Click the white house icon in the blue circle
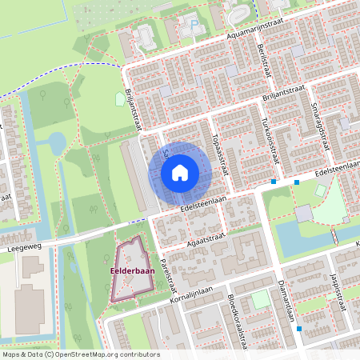click(180, 172)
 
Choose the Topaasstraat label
click(221, 155)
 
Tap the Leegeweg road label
click(22, 248)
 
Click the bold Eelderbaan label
click(132, 270)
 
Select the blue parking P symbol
click(194, 23)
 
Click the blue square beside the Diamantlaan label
click(299, 328)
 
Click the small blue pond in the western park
click(56, 143)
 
